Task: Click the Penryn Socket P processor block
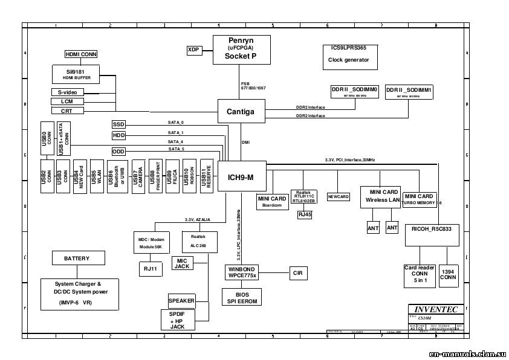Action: pyautogui.click(x=241, y=48)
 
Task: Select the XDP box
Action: pyautogui.click(x=193, y=50)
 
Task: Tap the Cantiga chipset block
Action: pyautogui.click(x=241, y=111)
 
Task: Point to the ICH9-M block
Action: pyautogui.click(x=241, y=177)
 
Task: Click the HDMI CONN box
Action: pyautogui.click(x=81, y=54)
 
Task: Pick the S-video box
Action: pyautogui.click(x=68, y=92)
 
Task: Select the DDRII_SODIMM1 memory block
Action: pyautogui.click(x=409, y=92)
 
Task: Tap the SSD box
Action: pyautogui.click(x=118, y=124)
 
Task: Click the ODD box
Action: pyautogui.click(x=118, y=151)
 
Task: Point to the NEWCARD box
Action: pyautogui.click(x=339, y=197)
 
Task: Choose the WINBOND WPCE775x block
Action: pyautogui.click(x=242, y=272)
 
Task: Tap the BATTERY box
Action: pyautogui.click(x=77, y=259)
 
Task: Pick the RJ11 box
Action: pyautogui.click(x=147, y=268)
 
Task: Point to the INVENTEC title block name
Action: pyautogui.click(x=436, y=309)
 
